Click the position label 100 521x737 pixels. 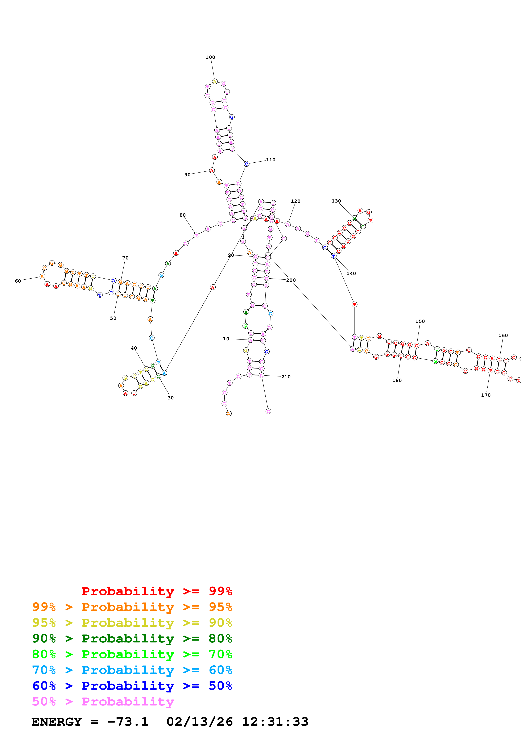pyautogui.click(x=210, y=57)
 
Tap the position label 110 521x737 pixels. pyautogui.click(x=271, y=160)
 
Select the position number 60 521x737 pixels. pyautogui.click(x=18, y=281)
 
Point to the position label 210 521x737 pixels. pyautogui.click(x=286, y=377)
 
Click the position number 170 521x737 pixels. pyautogui.click(x=486, y=395)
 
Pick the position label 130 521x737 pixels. pyautogui.click(x=336, y=201)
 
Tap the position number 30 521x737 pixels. pyautogui.click(x=170, y=398)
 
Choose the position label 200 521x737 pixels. pyautogui.click(x=291, y=280)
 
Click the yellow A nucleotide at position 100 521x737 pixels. pyautogui.click(x=215, y=82)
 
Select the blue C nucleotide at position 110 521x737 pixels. pyautogui.click(x=247, y=164)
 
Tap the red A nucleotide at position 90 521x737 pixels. pyautogui.click(x=212, y=170)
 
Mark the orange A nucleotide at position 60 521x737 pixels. pyautogui.click(x=42, y=276)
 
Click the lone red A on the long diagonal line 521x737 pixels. pyautogui.click(x=212, y=287)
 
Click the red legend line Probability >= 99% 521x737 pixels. pyautogui.click(x=157, y=591)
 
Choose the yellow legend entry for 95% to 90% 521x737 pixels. pyautogui.click(x=132, y=623)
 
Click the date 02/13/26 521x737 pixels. pyautogui.click(x=199, y=722)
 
